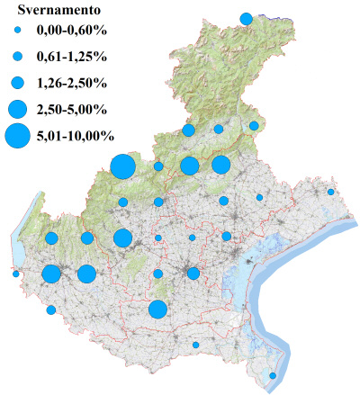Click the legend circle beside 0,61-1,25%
coord(17,57)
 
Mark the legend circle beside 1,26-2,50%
coord(17,83)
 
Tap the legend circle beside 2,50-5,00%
coord(17,109)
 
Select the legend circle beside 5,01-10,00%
coord(17,136)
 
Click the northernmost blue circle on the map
coord(246,18)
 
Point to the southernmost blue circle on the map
coord(274,375)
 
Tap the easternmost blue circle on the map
coord(331,192)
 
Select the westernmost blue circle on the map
coord(16,274)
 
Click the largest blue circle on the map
coord(123,167)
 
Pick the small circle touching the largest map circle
coord(158,166)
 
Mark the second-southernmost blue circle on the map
coord(195,345)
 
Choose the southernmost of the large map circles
coord(157,310)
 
